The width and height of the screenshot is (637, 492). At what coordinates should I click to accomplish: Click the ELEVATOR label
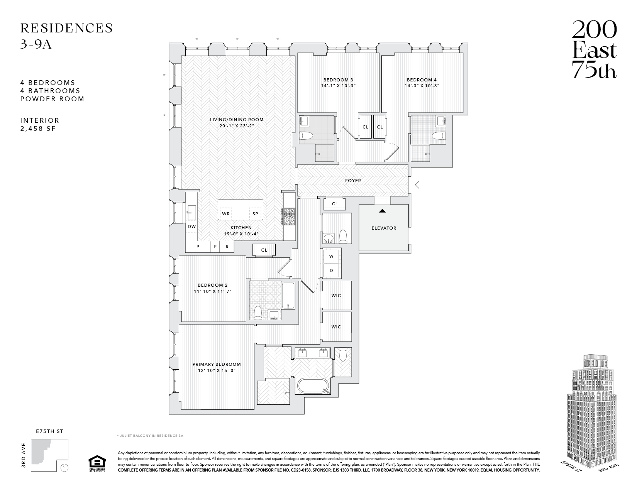384,228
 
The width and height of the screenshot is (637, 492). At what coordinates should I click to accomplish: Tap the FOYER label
353,181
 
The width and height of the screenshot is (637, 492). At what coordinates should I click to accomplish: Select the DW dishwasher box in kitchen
191,227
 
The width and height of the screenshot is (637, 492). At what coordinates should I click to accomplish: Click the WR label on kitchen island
226,214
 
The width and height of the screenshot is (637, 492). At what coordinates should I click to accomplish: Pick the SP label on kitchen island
255,214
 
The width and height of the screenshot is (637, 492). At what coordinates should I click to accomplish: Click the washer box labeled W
331,256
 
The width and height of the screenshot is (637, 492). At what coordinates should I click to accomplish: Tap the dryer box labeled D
331,271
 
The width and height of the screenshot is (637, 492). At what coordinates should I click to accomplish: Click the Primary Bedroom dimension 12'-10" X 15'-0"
217,370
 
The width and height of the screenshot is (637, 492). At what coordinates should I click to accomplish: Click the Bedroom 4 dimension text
422,86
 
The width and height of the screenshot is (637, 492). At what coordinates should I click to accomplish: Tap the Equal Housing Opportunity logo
97,463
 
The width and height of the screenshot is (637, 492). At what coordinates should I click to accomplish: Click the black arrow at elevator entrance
382,211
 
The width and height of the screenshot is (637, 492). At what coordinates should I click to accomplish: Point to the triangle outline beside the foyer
417,186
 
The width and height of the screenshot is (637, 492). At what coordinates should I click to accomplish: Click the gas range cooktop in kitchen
289,216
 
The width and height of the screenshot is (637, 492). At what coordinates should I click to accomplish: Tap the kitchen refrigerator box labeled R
227,247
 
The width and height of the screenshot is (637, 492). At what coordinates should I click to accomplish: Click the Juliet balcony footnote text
150,435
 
